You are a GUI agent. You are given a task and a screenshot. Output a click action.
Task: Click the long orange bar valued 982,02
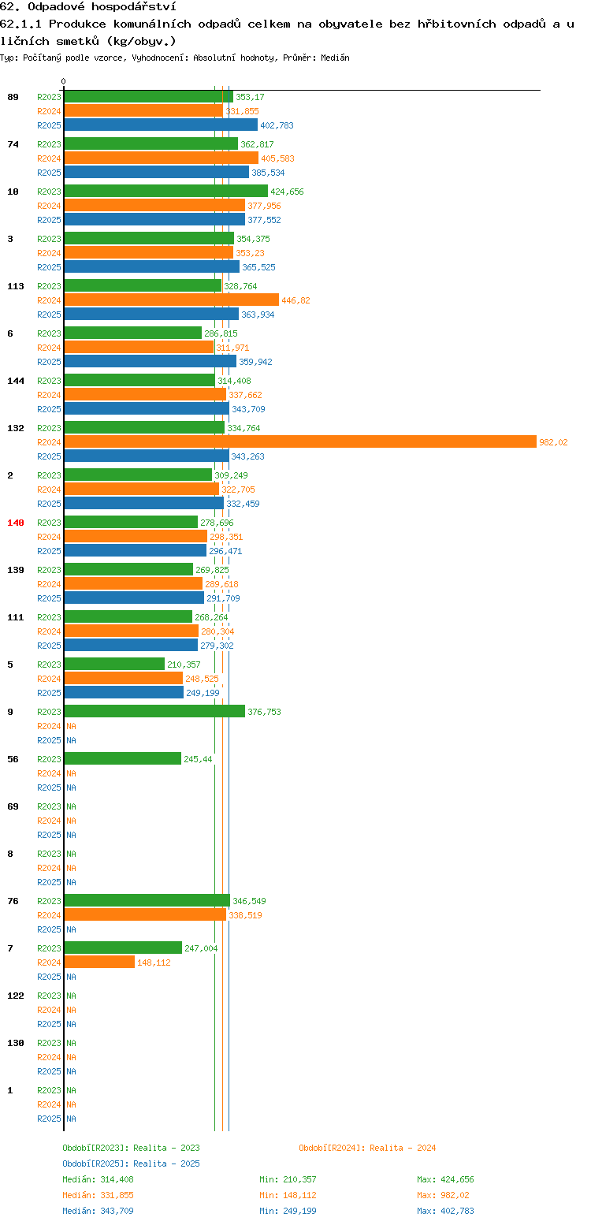click(x=300, y=442)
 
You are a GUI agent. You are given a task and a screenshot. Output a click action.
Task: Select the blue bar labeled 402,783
click(x=161, y=125)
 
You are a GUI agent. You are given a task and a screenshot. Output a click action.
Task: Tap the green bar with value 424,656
click(x=166, y=192)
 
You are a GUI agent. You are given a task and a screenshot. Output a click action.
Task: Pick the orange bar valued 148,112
click(x=99, y=963)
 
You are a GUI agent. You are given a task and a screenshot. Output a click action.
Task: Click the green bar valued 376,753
click(x=154, y=712)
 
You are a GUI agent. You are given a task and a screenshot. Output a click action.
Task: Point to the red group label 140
click(x=16, y=523)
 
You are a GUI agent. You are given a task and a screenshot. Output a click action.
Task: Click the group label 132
click(x=16, y=428)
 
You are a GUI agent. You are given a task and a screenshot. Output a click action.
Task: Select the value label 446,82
click(x=295, y=300)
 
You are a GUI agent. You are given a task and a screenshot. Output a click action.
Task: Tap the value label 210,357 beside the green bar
click(x=184, y=665)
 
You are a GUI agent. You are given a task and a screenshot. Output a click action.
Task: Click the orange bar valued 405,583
click(x=162, y=158)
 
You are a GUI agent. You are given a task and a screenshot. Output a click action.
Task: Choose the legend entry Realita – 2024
click(x=367, y=1148)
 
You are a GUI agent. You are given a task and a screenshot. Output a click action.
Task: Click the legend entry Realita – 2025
click(x=132, y=1164)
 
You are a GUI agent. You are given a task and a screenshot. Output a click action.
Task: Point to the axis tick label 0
click(x=63, y=81)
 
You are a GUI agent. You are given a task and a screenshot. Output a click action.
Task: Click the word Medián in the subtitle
click(x=335, y=58)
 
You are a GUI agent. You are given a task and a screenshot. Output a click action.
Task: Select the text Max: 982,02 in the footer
click(x=443, y=1196)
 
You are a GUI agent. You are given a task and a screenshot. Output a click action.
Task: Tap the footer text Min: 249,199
click(x=288, y=1211)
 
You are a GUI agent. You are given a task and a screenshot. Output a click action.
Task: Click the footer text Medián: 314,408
click(x=98, y=1179)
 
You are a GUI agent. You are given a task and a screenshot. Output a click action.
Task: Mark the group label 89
click(x=13, y=97)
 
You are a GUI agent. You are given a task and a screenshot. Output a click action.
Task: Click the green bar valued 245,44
click(x=122, y=758)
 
